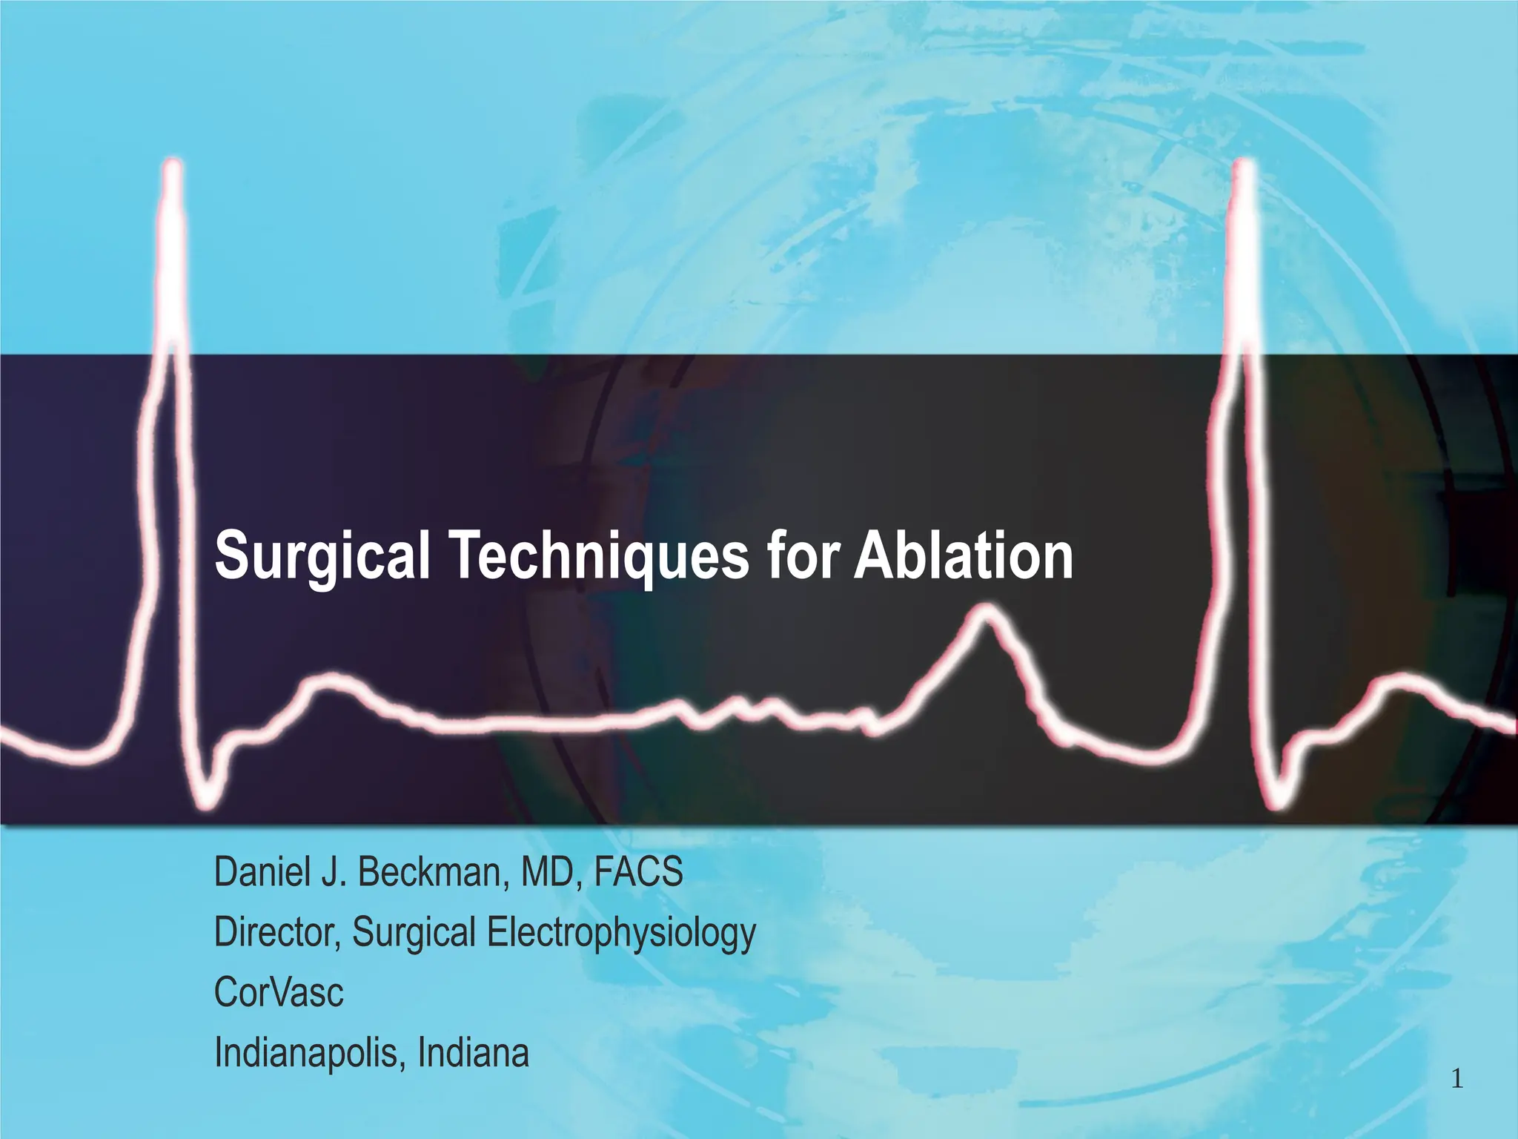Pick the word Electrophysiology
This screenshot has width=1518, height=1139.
(621, 934)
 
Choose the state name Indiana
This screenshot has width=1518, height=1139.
(474, 1052)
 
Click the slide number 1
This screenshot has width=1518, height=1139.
(1456, 1080)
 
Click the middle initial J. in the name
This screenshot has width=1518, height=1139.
(334, 872)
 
